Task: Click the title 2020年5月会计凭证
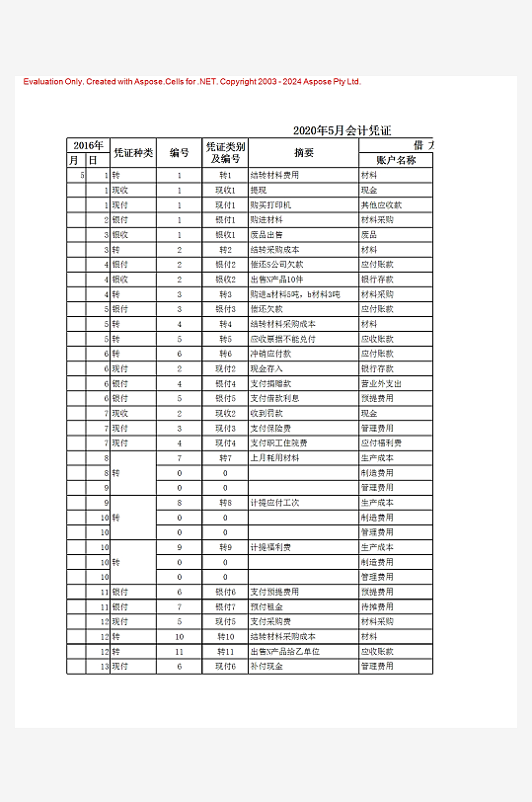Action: [x=342, y=130]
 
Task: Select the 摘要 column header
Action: [x=303, y=153]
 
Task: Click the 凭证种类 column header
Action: [x=133, y=153]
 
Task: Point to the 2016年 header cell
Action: [x=88, y=145]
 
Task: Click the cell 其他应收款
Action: [x=381, y=204]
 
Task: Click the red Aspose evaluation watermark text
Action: [x=192, y=81]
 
